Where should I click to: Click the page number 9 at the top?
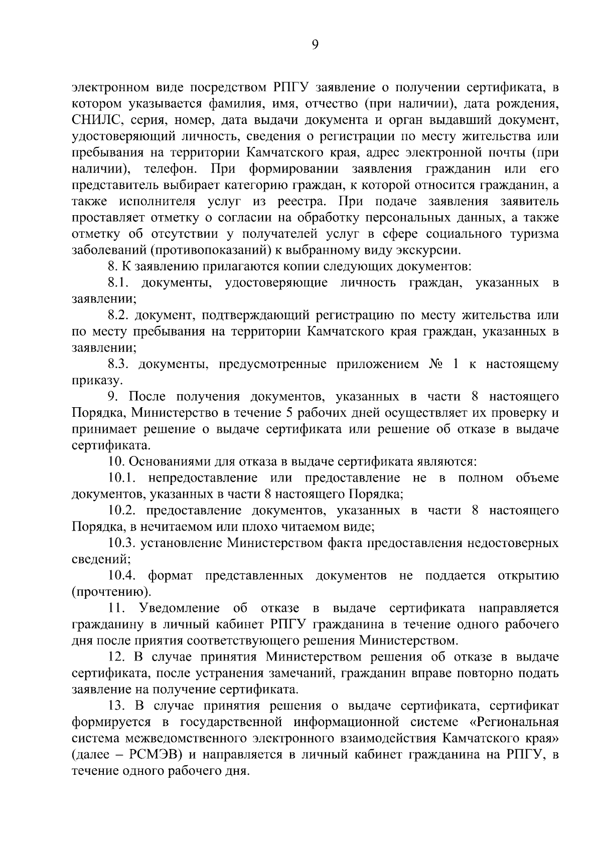pyautogui.click(x=315, y=45)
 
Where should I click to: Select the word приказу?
pyautogui.click(x=90, y=380)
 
